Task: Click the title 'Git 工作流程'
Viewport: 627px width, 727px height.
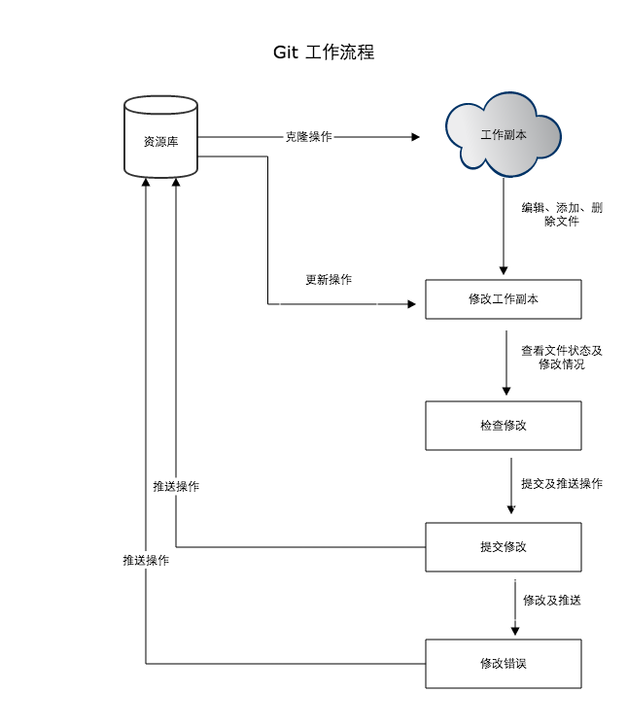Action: pyautogui.click(x=324, y=52)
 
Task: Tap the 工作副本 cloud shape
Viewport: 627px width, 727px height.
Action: pyautogui.click(x=504, y=134)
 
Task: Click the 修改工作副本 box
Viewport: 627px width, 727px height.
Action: pyautogui.click(x=504, y=299)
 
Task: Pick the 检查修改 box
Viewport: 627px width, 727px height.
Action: pyautogui.click(x=504, y=426)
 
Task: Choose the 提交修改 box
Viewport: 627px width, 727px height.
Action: pyautogui.click(x=504, y=547)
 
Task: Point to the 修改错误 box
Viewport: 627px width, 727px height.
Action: pyautogui.click(x=504, y=664)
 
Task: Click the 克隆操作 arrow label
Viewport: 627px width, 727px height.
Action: pyautogui.click(x=308, y=137)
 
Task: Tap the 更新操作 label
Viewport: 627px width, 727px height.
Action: pyautogui.click(x=329, y=280)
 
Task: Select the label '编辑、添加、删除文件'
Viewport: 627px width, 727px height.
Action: pyautogui.click(x=561, y=215)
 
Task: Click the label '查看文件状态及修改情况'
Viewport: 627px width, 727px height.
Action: pyautogui.click(x=568, y=358)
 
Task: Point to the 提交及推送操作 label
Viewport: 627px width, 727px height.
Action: pyautogui.click(x=561, y=483)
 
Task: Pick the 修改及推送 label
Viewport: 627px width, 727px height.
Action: pyautogui.click(x=551, y=600)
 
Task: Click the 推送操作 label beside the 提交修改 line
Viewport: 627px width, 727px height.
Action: pyautogui.click(x=176, y=486)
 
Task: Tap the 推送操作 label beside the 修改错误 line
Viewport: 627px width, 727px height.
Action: pyautogui.click(x=146, y=561)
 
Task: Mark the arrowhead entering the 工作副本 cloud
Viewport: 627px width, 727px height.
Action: pyautogui.click(x=415, y=137)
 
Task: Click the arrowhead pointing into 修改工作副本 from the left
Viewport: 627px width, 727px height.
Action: pyautogui.click(x=411, y=305)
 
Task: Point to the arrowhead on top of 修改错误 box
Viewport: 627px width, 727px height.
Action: pyautogui.click(x=514, y=633)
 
